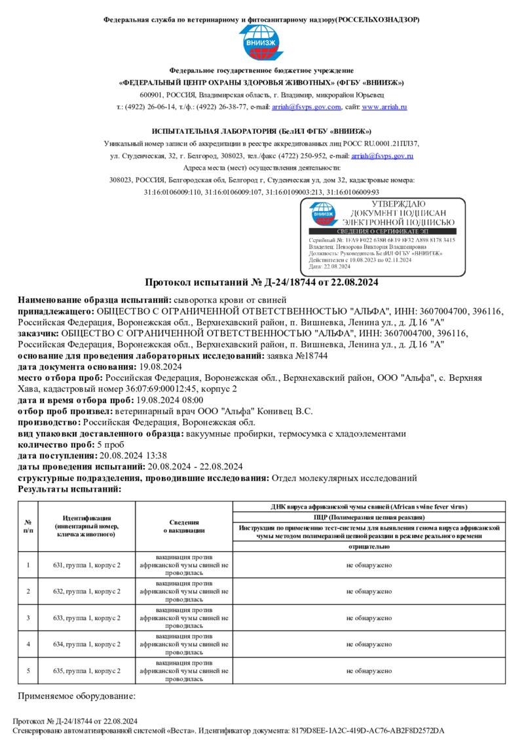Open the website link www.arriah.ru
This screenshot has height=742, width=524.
click(x=384, y=107)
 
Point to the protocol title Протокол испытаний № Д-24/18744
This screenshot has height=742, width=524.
click(x=261, y=283)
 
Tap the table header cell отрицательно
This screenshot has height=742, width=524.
click(x=369, y=546)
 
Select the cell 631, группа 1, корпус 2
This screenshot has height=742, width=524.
click(x=87, y=565)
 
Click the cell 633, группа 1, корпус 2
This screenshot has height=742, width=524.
click(x=87, y=617)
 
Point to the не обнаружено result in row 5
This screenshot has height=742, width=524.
click(x=369, y=671)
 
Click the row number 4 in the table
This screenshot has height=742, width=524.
click(x=28, y=644)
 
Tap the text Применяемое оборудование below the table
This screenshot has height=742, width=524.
click(x=77, y=695)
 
